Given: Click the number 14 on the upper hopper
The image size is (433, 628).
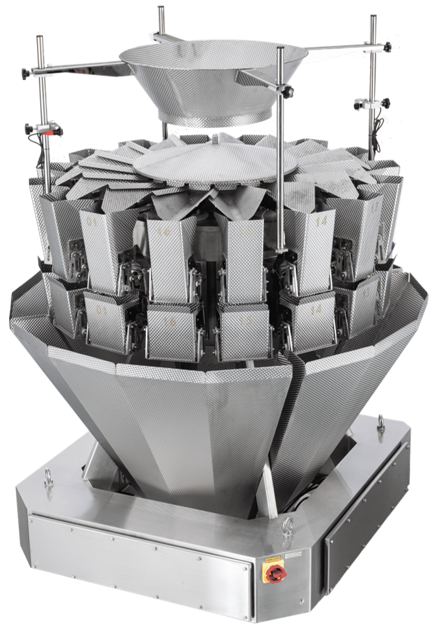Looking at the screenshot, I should (321, 222).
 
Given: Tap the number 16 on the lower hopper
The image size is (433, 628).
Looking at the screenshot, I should (170, 321).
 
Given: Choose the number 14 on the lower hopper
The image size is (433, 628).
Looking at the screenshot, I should (316, 308).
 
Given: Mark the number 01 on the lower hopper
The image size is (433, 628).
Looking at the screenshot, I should (101, 309).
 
